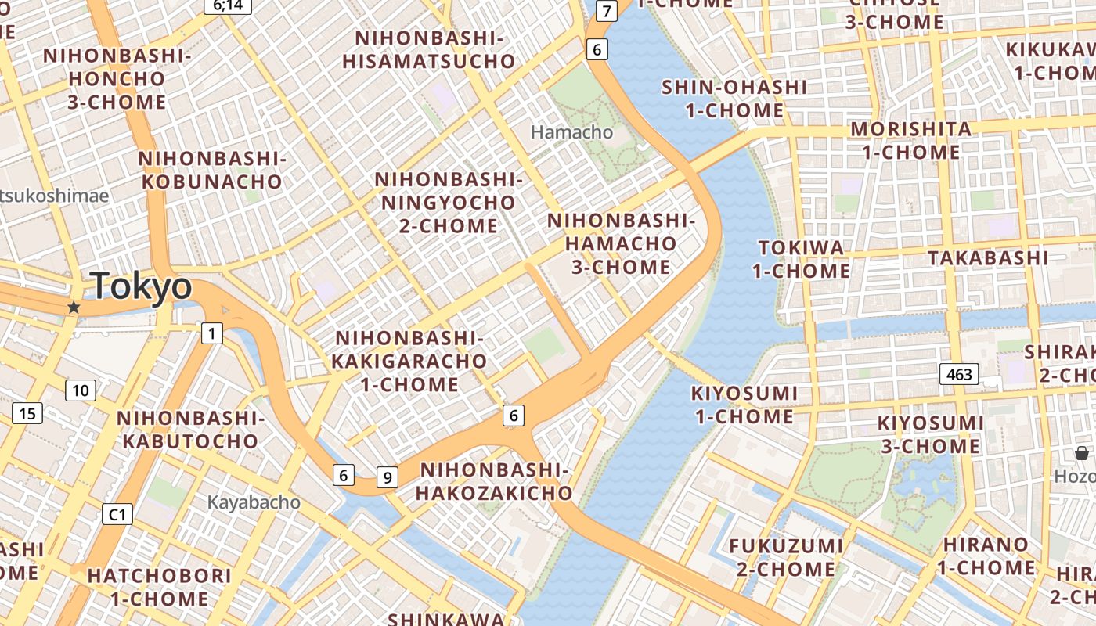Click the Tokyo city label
pos(142,286)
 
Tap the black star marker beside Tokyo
pos(74,308)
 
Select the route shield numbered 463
pos(959,374)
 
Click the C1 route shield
pos(117,514)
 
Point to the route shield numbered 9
pos(388,477)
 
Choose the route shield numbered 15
pos(27,413)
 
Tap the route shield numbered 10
pos(81,390)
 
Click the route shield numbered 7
pos(606,11)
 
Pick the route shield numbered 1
pos(211,333)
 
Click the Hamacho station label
pos(571,132)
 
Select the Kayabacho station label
pos(254,502)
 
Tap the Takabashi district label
pos(987,257)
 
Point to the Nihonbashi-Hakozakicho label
pos(494,481)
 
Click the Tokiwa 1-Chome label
pos(802,259)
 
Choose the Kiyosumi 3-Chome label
pos(930,434)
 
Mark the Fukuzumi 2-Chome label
pos(786,557)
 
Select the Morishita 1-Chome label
pos(911,140)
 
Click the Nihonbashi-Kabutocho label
pos(190,430)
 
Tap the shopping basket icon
pos(1081,453)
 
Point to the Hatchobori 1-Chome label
pos(159,587)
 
